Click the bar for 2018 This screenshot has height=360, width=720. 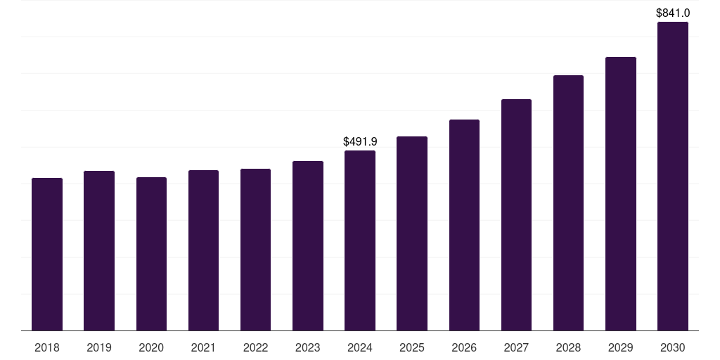(47, 255)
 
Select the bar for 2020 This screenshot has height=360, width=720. (151, 254)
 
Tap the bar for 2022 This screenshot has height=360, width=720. (255, 250)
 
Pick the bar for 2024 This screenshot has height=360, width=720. (360, 240)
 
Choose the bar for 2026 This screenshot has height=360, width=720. (464, 225)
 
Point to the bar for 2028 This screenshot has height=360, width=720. (568, 202)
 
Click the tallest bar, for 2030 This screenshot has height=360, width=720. (672, 176)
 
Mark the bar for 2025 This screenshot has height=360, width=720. (412, 233)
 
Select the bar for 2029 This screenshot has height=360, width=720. (620, 193)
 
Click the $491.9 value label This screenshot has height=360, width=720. (360, 141)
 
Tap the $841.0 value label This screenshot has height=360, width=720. (672, 13)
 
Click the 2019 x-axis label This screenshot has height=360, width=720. (99, 347)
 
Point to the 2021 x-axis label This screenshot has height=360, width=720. (203, 347)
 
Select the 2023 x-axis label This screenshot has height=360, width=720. (307, 347)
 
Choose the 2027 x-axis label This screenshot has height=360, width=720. (516, 347)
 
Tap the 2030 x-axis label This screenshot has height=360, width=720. (672, 347)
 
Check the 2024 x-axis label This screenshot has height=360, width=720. (360, 347)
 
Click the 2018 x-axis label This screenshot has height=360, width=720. (47, 347)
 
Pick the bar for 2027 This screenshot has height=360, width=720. (516, 214)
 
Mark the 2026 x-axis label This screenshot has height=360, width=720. (464, 347)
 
